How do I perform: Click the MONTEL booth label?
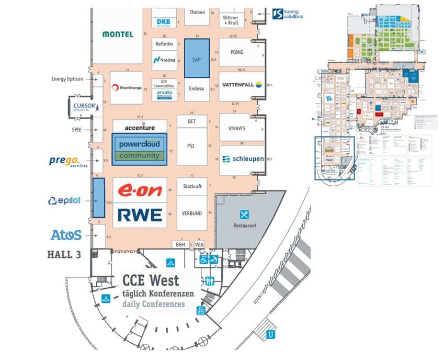click(x=118, y=34)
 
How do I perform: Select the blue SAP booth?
click(x=197, y=58)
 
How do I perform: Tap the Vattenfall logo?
click(x=241, y=85)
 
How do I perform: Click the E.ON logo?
click(x=140, y=191)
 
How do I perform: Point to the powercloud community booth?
click(x=139, y=149)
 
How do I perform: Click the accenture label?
click(x=133, y=127)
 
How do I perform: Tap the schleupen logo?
click(x=242, y=159)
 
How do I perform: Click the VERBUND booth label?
click(x=192, y=212)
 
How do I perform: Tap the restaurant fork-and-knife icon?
click(x=244, y=214)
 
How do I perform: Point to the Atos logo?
click(x=66, y=235)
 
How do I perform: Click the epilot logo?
click(x=64, y=200)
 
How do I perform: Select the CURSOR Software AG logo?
click(x=81, y=106)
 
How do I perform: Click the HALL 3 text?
click(x=64, y=255)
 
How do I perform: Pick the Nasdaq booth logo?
click(x=165, y=60)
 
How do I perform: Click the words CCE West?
click(x=151, y=280)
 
